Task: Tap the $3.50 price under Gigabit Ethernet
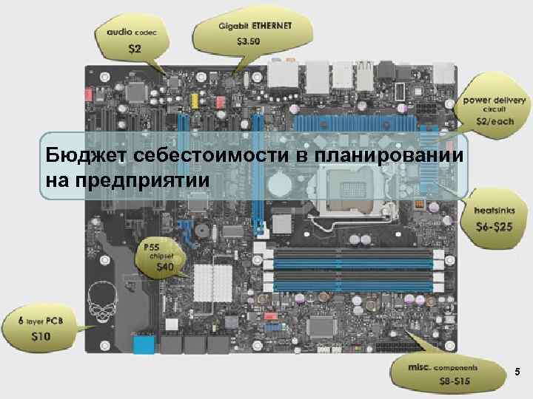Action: pyautogui.click(x=249, y=41)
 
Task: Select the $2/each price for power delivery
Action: pyautogui.click(x=492, y=120)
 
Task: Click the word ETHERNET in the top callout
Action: pyautogui.click(x=272, y=25)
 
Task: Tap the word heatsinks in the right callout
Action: pyautogui.click(x=491, y=211)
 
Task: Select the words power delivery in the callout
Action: pyautogui.click(x=495, y=99)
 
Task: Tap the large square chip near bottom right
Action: pyautogui.click(x=322, y=324)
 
